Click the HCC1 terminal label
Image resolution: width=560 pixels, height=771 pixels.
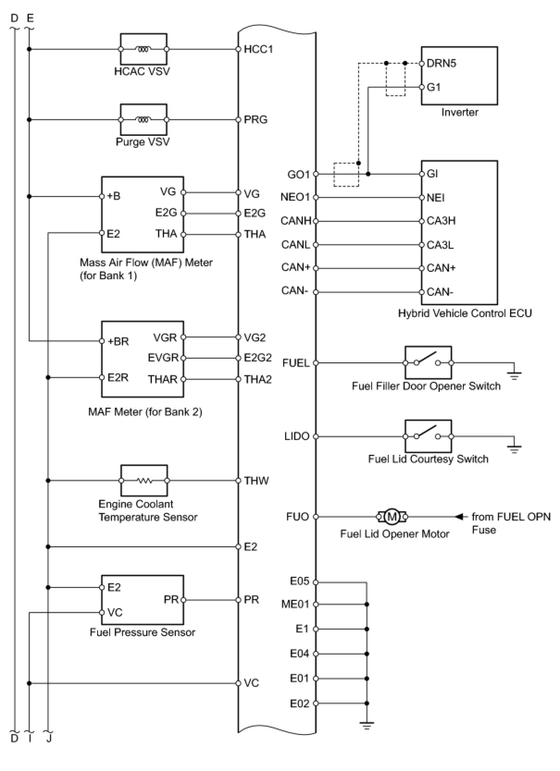click(258, 49)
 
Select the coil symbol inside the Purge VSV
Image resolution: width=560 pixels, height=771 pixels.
click(143, 120)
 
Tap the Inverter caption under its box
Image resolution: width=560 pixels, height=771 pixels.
click(460, 112)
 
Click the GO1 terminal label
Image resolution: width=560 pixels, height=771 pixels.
click(299, 175)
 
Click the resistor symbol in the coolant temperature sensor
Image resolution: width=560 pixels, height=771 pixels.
click(144, 481)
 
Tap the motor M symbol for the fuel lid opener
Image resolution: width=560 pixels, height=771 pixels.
click(392, 517)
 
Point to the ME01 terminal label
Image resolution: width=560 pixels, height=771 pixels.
click(295, 604)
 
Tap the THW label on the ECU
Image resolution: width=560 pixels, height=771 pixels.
click(256, 481)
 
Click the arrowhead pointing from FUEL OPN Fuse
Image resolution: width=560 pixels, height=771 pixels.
click(459, 517)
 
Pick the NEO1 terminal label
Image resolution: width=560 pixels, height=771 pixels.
click(295, 197)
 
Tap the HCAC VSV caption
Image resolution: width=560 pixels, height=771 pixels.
click(142, 71)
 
